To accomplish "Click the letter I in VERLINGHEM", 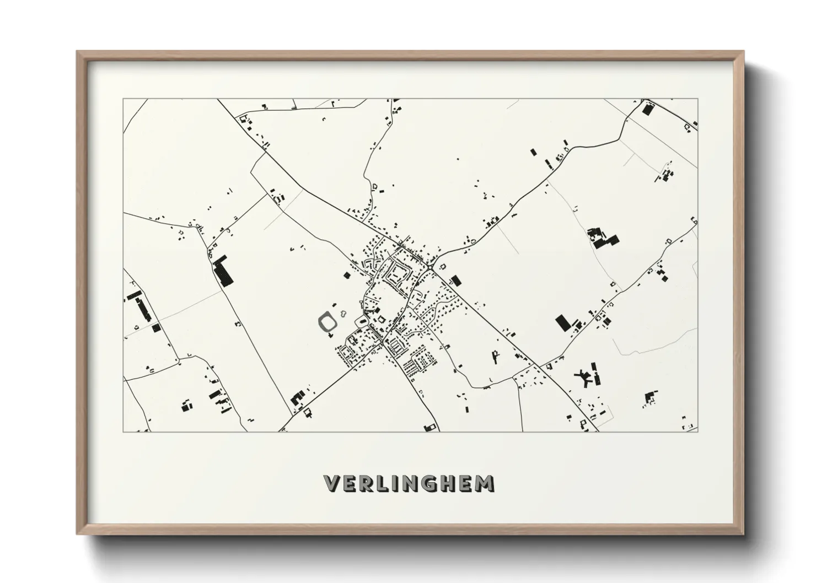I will [387, 483].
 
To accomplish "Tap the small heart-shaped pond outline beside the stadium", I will [343, 314].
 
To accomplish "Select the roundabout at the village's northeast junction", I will [429, 267].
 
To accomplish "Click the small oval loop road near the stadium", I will [362, 321].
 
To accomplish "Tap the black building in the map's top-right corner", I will [647, 109].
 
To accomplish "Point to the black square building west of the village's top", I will [347, 275].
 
